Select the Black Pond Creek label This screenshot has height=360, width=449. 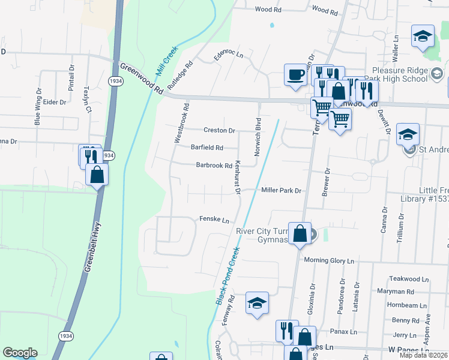click(x=228, y=275)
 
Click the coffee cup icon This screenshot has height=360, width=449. click(x=295, y=75)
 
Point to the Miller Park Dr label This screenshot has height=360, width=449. click(x=280, y=190)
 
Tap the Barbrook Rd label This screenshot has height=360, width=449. click(x=214, y=166)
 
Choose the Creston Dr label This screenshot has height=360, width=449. click(x=219, y=130)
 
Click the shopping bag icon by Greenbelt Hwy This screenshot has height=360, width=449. click(x=97, y=175)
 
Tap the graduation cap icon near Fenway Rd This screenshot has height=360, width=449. click(x=257, y=304)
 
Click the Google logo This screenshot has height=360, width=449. click(x=20, y=353)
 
